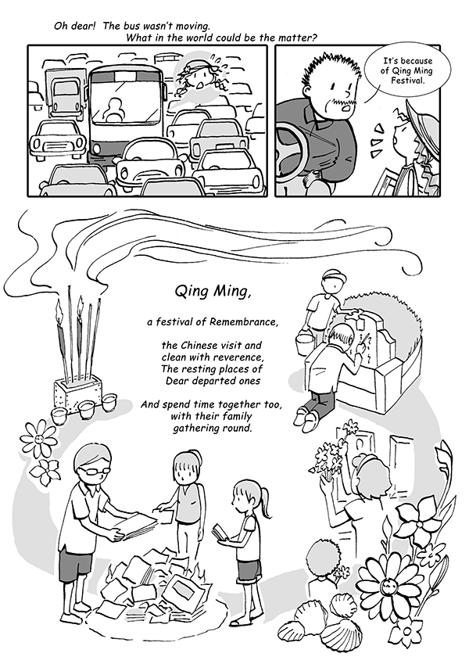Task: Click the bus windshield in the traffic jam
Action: click(x=126, y=102)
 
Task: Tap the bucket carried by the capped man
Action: click(x=304, y=344)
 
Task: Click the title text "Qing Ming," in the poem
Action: click(x=213, y=292)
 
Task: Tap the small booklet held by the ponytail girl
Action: click(x=220, y=533)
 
